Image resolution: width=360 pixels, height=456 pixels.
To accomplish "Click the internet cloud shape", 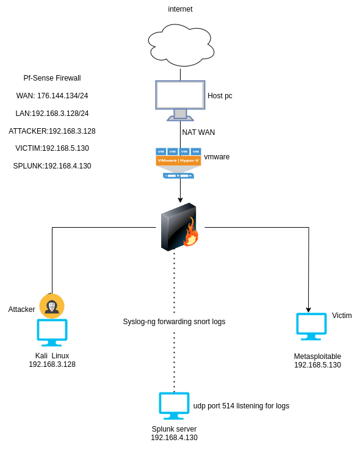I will (180, 45).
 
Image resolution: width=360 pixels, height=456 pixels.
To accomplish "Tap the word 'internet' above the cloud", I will (180, 9).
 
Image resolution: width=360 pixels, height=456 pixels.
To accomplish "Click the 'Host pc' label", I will (220, 96).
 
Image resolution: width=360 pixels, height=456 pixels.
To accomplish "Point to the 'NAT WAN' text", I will (198, 132).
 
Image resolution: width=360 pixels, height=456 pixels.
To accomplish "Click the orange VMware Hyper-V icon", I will (178, 161).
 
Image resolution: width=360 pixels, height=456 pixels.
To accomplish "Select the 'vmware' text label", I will (217, 157).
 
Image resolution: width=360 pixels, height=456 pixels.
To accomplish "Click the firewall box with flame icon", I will (179, 227).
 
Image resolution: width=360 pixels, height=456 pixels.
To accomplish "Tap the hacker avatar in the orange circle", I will (52, 306).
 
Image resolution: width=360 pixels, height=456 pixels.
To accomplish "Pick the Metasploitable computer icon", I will (311, 326).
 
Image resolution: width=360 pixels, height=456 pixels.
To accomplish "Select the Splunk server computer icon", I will (174, 406).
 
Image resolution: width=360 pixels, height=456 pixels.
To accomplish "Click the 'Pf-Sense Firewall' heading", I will (52, 78).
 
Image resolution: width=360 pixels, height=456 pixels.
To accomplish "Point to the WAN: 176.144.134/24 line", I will (52, 96).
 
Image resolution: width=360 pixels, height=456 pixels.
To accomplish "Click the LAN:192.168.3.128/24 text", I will (52, 114).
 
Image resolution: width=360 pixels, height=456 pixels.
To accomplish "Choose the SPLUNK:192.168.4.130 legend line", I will (52, 166).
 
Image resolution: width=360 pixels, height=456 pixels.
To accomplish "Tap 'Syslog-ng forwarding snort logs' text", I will (174, 322).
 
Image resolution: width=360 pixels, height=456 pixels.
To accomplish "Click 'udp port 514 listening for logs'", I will (241, 406).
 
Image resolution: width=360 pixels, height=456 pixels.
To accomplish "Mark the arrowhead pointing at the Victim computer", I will (308, 309).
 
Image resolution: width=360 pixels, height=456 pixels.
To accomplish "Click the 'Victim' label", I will (342, 316).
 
